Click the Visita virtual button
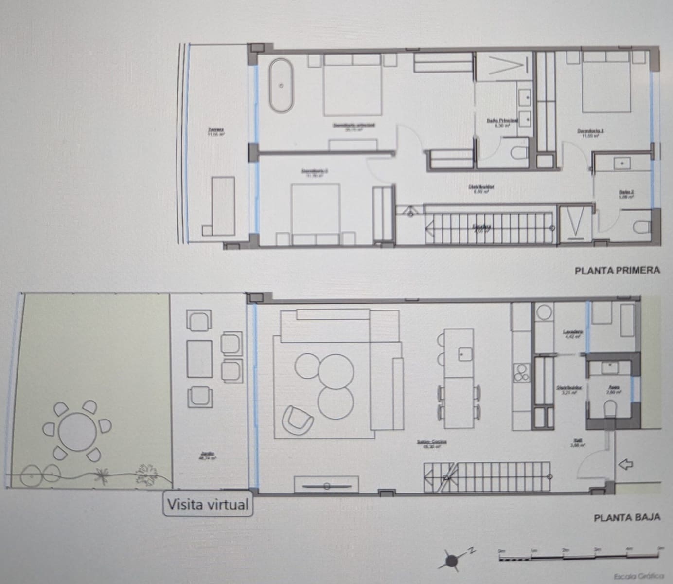point(208,504)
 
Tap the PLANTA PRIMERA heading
point(617,270)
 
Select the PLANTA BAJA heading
point(627,517)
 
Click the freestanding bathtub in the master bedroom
point(282,85)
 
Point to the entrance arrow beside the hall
point(625,464)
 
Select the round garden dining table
point(77,432)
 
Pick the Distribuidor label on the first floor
point(481,187)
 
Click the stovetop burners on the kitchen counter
point(522,374)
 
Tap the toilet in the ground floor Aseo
point(610,408)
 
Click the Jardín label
point(208,454)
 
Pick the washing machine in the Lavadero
point(544,312)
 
